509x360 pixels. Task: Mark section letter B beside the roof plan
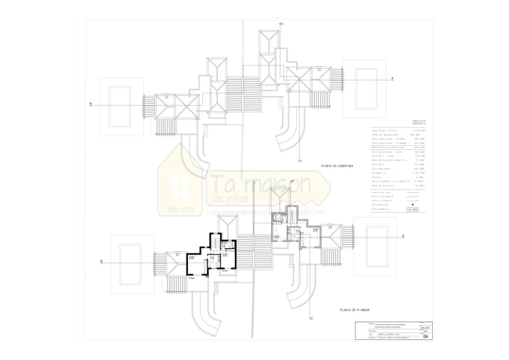pos(90,104)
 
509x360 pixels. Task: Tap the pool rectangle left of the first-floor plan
pos(129,261)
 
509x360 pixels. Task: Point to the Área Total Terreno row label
pos(384,132)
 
